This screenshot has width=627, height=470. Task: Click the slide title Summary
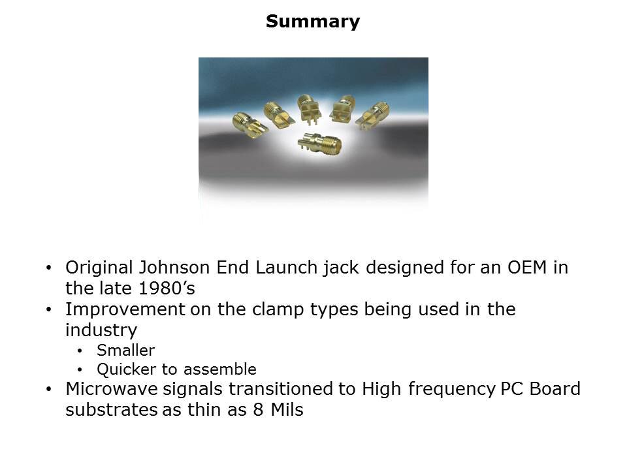pos(313,22)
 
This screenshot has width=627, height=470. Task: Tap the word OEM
pos(526,268)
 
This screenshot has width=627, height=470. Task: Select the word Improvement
pos(125,309)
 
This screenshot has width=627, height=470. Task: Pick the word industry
pos(101,330)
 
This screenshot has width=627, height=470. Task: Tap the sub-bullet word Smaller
pos(125,351)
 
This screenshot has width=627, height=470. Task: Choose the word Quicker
pos(126,369)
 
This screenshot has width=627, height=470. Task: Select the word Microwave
pos(112,389)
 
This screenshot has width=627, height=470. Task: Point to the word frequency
pos(451,390)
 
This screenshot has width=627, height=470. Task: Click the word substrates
pos(112,410)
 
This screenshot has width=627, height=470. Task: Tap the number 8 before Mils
pos(258,410)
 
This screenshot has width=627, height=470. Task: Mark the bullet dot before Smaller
pos(80,351)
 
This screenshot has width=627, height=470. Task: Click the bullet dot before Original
pos(49,268)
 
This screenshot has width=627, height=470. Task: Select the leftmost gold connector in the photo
pos(250,125)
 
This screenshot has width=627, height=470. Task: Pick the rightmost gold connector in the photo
pos(372,116)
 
